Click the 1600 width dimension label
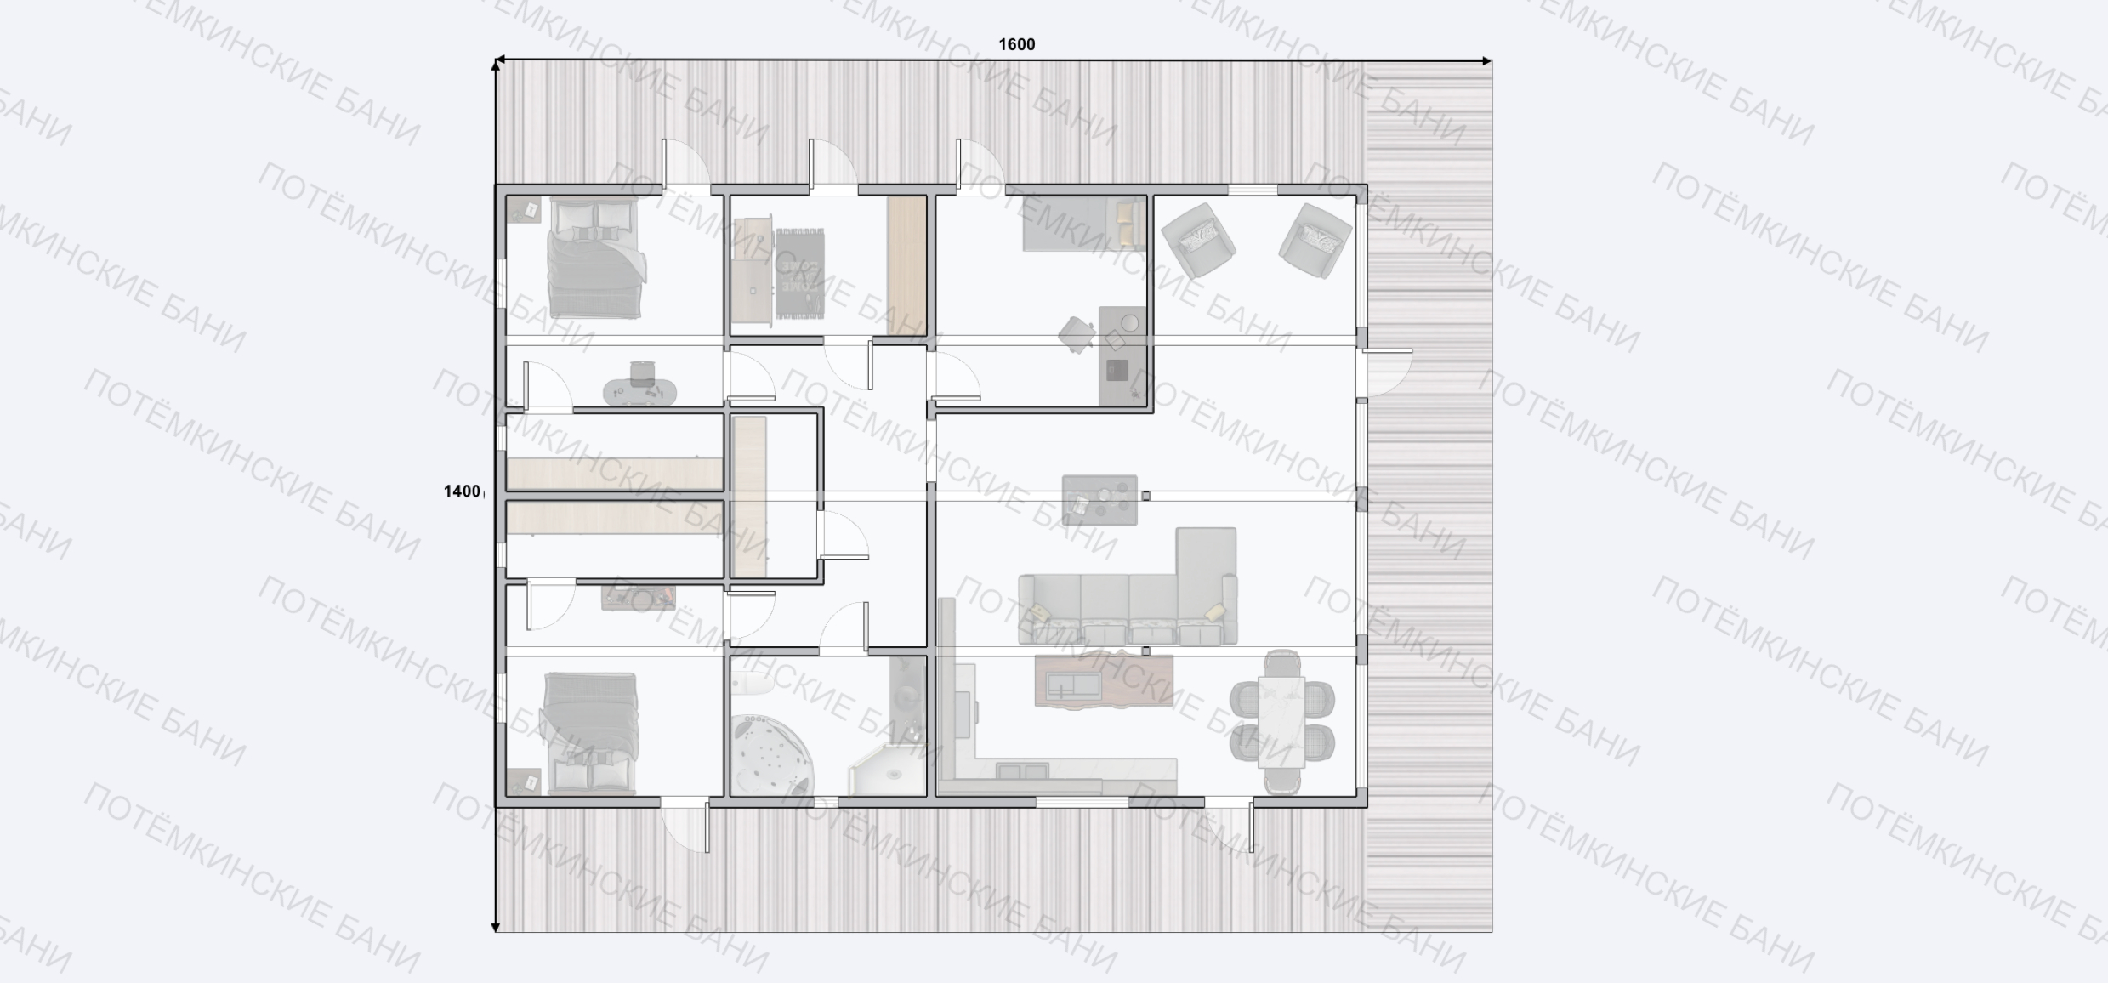[1016, 44]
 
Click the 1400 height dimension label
[462, 491]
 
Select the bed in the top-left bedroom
[594, 259]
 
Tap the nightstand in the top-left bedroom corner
[524, 210]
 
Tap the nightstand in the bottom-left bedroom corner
[523, 781]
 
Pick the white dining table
[1281, 722]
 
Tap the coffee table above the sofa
[1099, 500]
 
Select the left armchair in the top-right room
[1198, 240]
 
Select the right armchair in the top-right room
[1315, 240]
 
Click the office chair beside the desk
[1077, 334]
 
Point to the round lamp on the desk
[1130, 323]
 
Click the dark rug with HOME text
[799, 274]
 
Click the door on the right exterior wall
[1384, 372]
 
